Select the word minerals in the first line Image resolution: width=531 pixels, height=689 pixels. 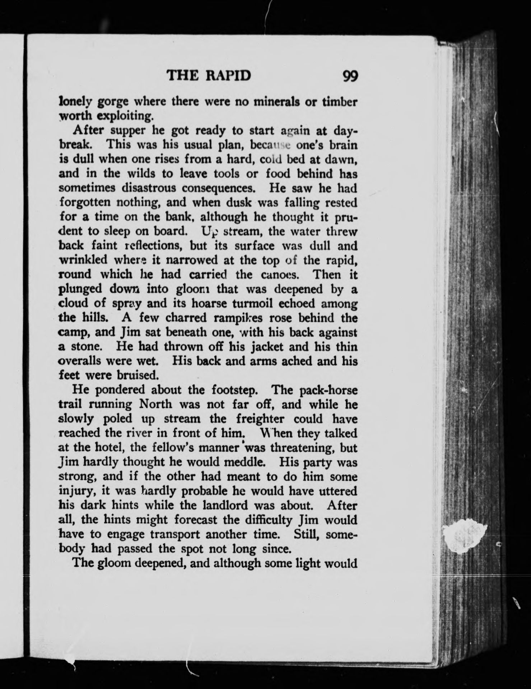pyautogui.click(x=275, y=102)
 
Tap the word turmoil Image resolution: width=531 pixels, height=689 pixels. pyautogui.click(x=256, y=304)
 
